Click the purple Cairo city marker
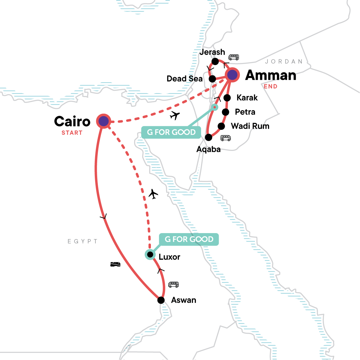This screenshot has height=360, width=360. click(x=103, y=121)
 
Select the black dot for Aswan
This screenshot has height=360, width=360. click(x=161, y=300)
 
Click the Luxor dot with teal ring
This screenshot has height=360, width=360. click(x=150, y=255)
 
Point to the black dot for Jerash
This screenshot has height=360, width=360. click(x=215, y=61)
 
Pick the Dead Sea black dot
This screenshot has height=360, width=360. click(x=212, y=79)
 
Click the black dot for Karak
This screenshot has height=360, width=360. click(x=227, y=97)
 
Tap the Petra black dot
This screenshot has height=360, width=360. click(x=225, y=112)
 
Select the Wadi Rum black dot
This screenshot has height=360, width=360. click(x=221, y=126)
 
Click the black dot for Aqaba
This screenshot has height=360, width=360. click(x=208, y=137)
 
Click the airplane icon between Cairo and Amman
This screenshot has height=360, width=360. click(x=175, y=115)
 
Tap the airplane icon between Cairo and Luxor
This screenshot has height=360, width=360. click(x=153, y=194)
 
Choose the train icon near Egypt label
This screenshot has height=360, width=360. click(x=115, y=264)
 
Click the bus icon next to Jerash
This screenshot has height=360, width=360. click(x=234, y=57)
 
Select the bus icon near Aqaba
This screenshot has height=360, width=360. click(x=226, y=138)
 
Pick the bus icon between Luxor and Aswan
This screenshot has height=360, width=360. click(x=173, y=284)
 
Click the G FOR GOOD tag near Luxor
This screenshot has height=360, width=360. click(x=189, y=239)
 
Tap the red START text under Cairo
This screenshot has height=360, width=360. click(x=72, y=133)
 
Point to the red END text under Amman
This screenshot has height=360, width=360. click(x=271, y=86)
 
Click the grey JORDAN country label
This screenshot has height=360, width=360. click(x=284, y=61)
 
